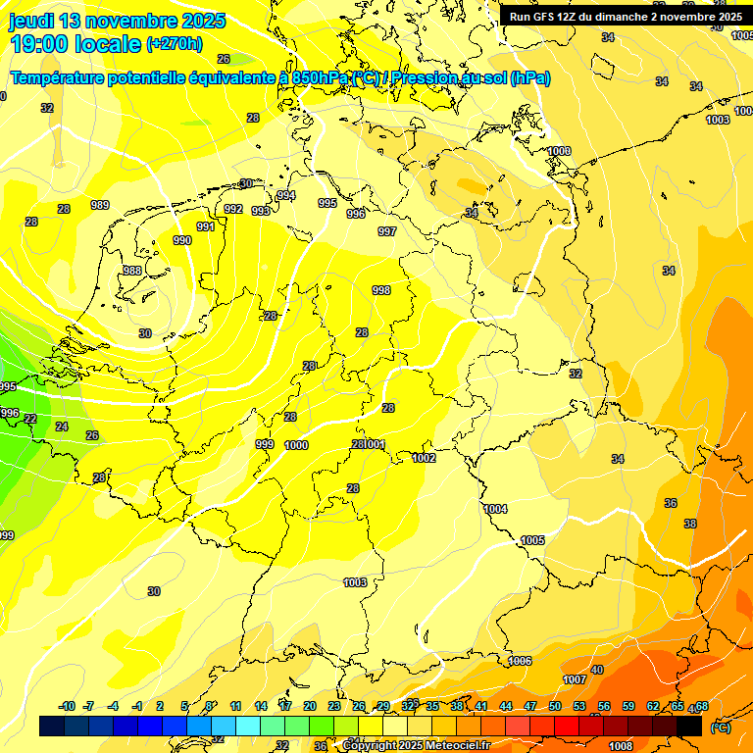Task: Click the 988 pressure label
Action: click(x=131, y=271)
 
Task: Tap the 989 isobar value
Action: click(x=100, y=205)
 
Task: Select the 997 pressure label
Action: click(x=387, y=231)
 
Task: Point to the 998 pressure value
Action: click(x=381, y=290)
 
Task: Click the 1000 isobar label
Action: click(x=296, y=445)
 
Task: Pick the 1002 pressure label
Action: click(x=424, y=458)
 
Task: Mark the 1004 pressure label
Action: click(x=495, y=509)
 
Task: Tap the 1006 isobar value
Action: click(x=520, y=661)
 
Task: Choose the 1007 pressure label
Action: click(x=575, y=679)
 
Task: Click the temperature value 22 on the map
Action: click(x=31, y=419)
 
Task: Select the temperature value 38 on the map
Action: click(x=690, y=524)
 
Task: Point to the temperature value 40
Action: click(x=597, y=670)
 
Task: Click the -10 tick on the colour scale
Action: click(x=68, y=706)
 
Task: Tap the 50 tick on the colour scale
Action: click(x=555, y=706)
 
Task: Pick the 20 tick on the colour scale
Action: click(x=310, y=706)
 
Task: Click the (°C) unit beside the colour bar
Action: click(x=720, y=727)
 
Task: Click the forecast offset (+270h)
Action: click(x=175, y=44)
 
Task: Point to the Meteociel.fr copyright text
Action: click(x=416, y=746)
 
